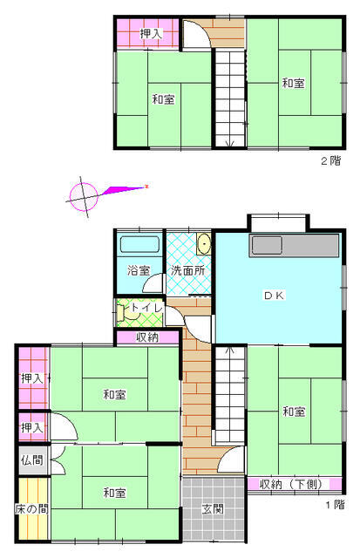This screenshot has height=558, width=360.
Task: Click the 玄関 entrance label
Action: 213,509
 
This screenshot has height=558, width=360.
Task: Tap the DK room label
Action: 274,295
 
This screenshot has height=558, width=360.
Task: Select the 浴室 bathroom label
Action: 139,270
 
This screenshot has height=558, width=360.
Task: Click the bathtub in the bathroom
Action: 139,244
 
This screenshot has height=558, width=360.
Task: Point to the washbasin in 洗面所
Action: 204,244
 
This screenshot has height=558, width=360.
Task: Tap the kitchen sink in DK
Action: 267,245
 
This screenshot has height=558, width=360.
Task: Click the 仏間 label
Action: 31,460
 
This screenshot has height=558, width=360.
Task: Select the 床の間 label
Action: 31,509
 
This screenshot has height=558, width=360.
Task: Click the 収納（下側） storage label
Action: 291,484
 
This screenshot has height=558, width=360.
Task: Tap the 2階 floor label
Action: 331,160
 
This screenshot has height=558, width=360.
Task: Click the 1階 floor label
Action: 335,505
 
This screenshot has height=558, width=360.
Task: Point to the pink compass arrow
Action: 124,190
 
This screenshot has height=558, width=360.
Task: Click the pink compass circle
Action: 84,197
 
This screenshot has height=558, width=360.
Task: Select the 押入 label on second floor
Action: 151,34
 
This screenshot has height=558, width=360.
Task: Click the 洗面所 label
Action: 187,270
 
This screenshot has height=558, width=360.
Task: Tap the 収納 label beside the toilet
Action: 147,337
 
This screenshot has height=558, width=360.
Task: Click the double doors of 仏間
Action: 58,459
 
